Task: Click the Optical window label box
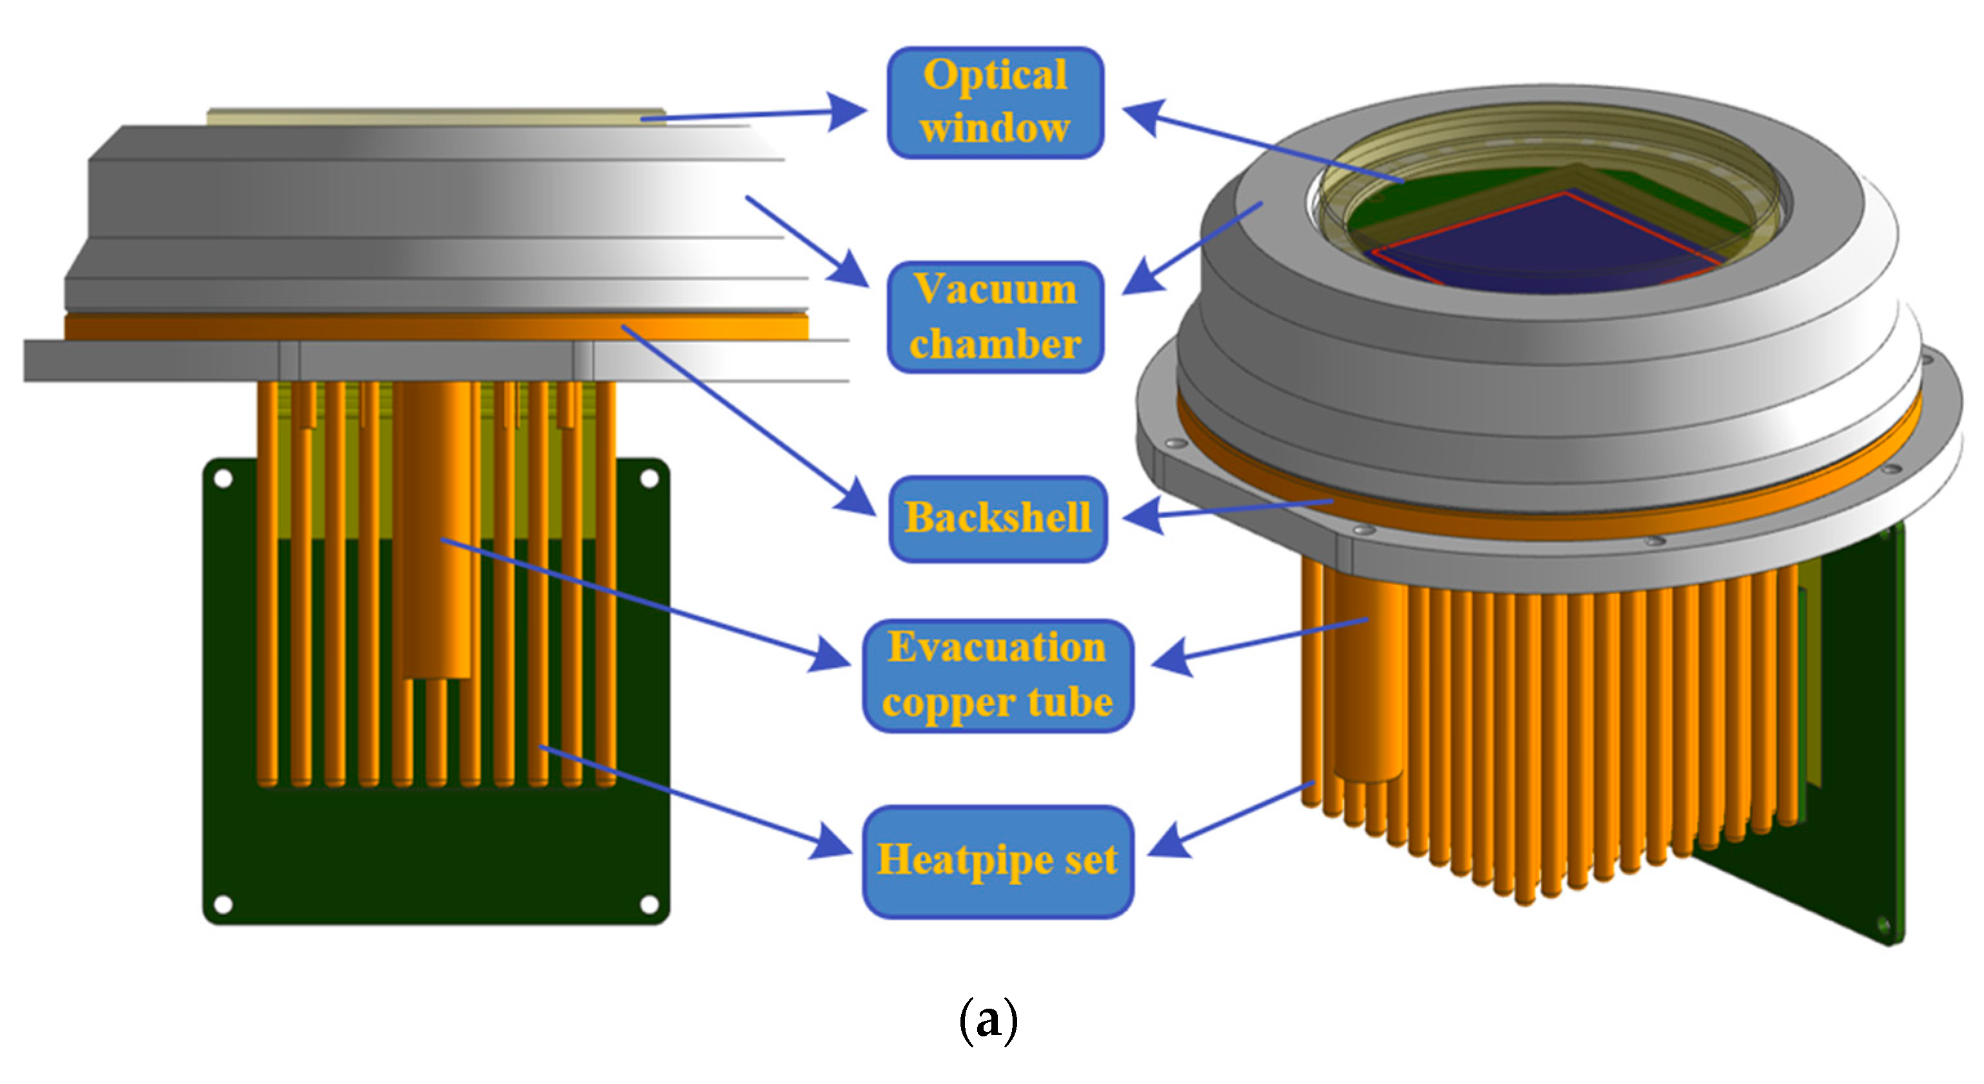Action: coord(995,102)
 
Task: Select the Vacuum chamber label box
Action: coord(995,317)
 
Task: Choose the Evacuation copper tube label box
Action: coord(997,675)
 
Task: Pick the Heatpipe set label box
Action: coord(997,861)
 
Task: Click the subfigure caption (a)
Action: coord(988,1021)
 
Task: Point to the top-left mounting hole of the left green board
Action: coord(224,479)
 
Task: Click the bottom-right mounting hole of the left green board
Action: coord(649,903)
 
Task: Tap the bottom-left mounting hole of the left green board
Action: coord(224,903)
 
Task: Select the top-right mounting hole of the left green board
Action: coord(649,479)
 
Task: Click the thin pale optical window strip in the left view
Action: coord(435,117)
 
